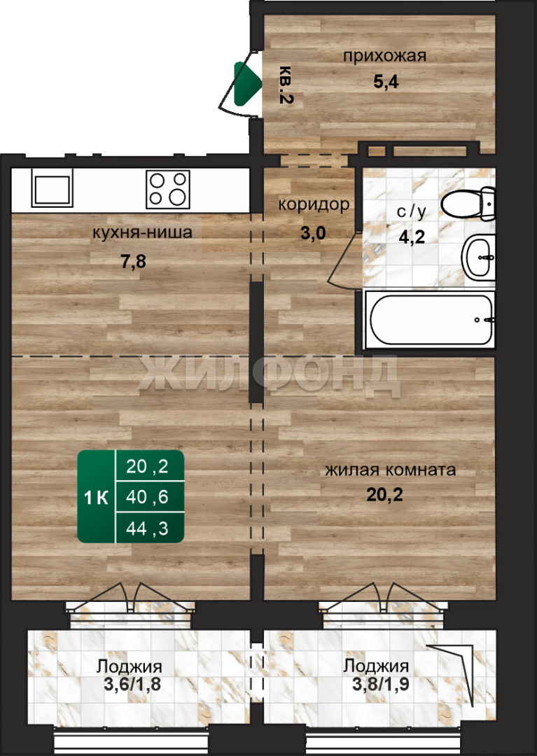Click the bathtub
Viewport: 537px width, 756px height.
point(430,319)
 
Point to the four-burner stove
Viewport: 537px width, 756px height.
point(168,189)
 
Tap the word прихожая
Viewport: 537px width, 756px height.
point(384,56)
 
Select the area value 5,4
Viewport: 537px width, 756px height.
point(386,81)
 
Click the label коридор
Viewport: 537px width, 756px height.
point(314,204)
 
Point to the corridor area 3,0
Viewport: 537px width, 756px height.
point(314,233)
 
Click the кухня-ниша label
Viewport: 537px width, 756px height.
point(142,232)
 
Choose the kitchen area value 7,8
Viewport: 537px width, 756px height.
point(133,262)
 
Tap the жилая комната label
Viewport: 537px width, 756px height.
point(391,470)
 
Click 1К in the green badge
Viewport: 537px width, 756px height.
point(97,498)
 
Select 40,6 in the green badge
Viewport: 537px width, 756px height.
point(147,496)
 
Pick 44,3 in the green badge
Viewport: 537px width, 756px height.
point(147,528)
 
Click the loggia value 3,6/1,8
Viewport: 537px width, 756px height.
point(132,684)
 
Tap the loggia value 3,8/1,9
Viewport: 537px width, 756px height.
point(381,684)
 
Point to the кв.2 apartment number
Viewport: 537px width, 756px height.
point(286,85)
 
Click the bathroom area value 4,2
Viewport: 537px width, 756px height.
point(412,237)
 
